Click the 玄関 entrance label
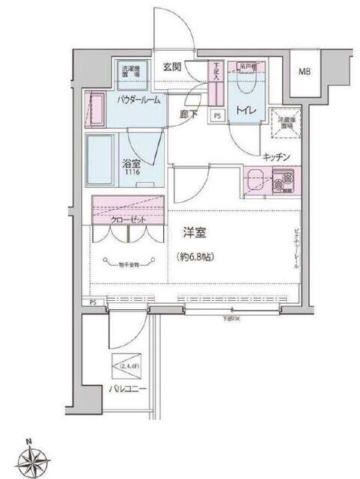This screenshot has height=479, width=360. [173, 66]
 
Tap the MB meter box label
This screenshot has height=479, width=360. [305, 72]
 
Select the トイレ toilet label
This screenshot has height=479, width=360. [248, 112]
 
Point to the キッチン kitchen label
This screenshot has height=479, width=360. [277, 156]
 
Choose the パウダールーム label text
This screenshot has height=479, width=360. [138, 100]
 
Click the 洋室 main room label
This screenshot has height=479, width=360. [197, 234]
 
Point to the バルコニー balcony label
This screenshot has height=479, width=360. [126, 389]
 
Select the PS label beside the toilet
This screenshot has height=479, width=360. [218, 116]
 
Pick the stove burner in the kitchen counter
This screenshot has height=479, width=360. [284, 180]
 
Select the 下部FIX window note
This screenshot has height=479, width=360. [230, 320]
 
